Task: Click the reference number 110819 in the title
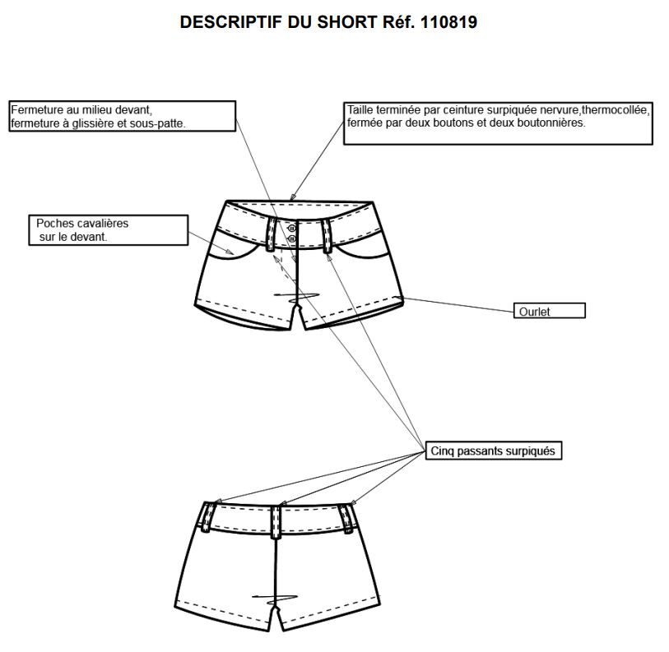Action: point(448,22)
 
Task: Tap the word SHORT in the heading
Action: point(347,22)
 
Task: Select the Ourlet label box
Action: point(549,311)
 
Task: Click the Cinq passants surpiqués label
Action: point(493,451)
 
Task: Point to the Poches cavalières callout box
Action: point(109,230)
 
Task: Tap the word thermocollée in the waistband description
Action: point(616,110)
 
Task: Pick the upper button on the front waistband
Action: point(292,229)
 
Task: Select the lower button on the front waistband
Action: point(292,239)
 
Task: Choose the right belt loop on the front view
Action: point(327,237)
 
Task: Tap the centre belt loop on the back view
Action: point(276,522)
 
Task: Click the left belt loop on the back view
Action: point(208,517)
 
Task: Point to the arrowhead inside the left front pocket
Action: point(230,252)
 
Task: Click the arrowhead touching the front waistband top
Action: point(292,197)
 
